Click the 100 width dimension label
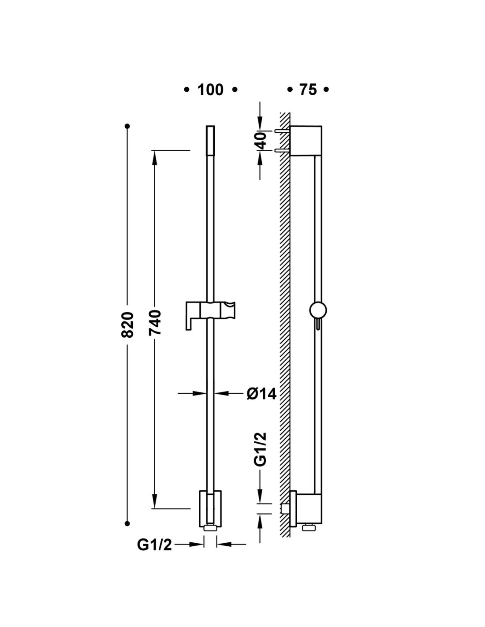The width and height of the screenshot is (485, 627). pos(210,90)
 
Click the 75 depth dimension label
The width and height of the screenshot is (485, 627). pos(308,90)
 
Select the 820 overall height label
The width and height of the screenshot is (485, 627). pos(127,325)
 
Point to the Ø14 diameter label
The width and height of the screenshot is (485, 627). pos(261,393)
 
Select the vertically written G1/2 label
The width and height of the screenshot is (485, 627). pos(261,449)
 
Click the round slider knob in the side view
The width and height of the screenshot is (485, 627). pos(318,310)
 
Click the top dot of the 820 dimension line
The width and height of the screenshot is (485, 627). pos(127,126)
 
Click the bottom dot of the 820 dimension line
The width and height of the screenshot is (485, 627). pos(127,524)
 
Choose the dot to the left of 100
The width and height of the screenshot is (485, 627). pos(187,90)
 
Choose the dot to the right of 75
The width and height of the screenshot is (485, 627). pos(326,90)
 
